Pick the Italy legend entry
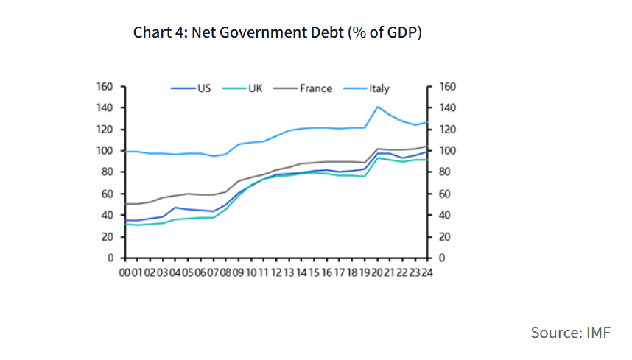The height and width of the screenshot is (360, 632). point(379,88)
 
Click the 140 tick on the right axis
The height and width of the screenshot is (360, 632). point(448,108)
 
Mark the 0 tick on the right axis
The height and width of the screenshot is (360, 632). point(442,258)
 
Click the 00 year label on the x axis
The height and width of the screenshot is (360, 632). point(126,272)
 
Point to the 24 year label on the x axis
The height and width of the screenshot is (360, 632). point(426,272)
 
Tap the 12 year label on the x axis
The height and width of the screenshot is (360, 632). point(276,272)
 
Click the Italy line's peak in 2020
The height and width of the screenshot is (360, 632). point(378,107)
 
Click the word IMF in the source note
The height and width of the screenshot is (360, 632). point(598,333)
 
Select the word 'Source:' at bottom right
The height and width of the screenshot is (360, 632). point(556,333)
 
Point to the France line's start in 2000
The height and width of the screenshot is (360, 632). point(126,204)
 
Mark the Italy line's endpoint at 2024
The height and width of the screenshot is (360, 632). point(427,122)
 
